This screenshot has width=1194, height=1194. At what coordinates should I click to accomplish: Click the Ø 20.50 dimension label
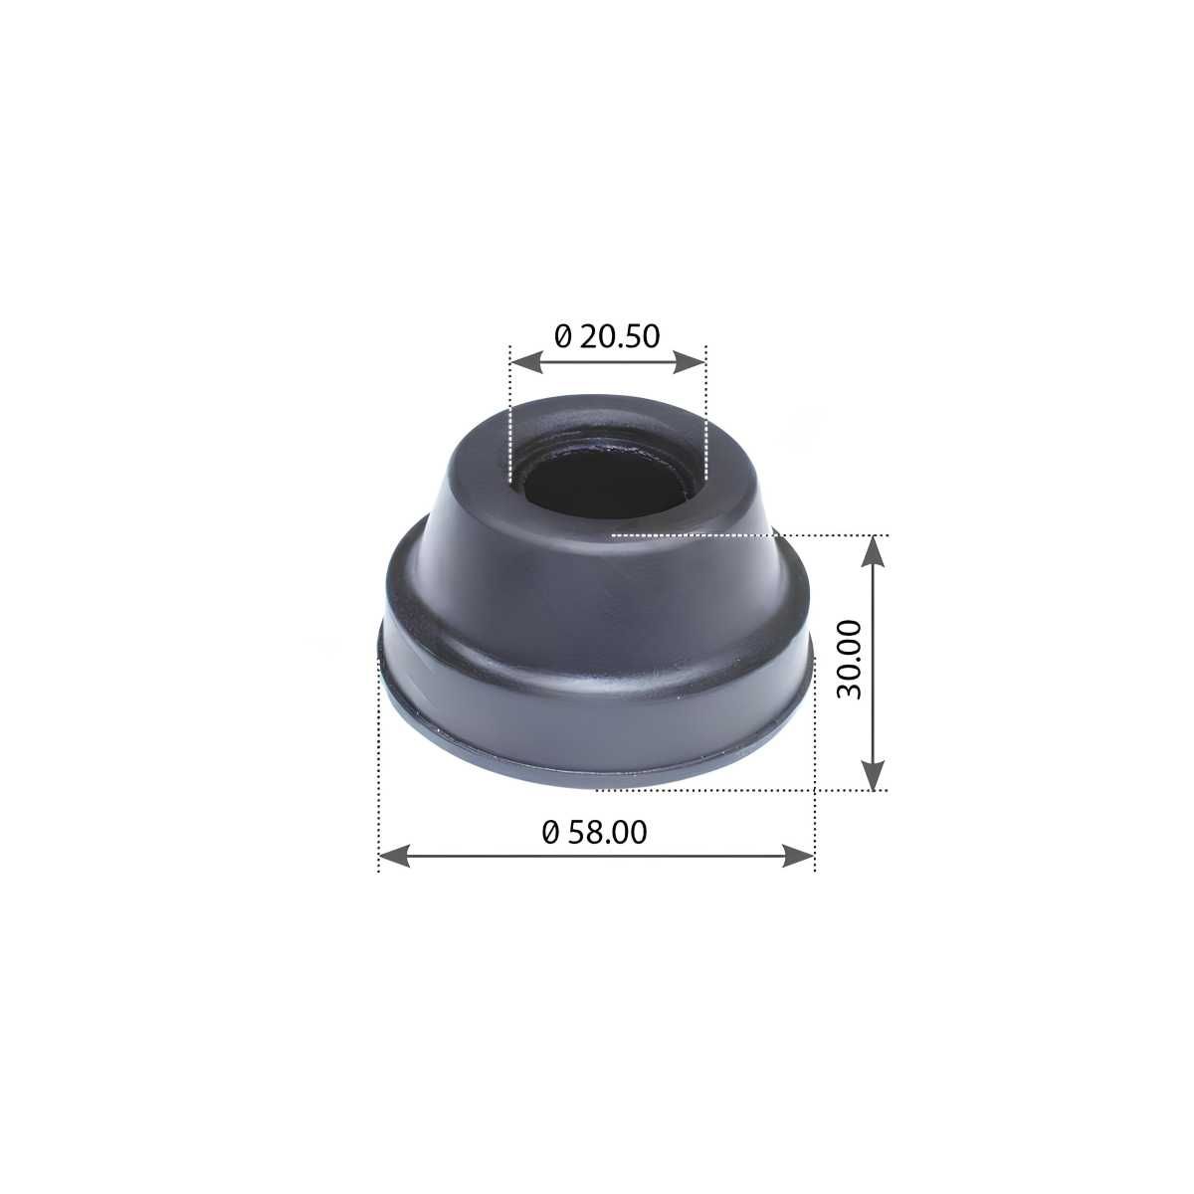pos(607,336)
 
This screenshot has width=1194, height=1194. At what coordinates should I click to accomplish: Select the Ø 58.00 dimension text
pos(594,832)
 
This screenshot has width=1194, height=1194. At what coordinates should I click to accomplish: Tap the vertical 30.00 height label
pos(849,660)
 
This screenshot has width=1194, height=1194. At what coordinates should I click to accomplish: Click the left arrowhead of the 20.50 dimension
pos(526,362)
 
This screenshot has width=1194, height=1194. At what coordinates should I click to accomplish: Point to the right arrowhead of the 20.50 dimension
pos(689,362)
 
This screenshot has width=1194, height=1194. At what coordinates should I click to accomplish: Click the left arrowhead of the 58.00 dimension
pos(395,856)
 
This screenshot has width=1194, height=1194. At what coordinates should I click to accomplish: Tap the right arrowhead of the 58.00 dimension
pos(798,856)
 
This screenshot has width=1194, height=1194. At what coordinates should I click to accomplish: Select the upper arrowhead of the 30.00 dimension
pos(873,551)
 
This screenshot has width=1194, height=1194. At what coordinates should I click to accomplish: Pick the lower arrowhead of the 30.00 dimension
pos(873,774)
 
